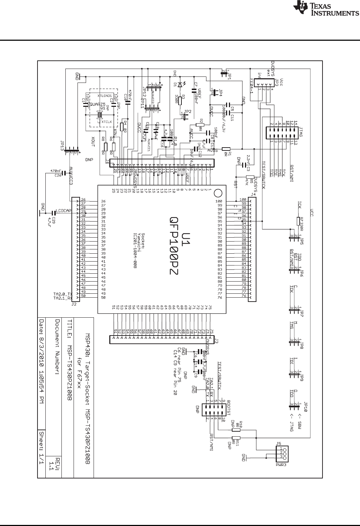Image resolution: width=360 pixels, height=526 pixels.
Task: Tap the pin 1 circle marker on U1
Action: [x=217, y=193]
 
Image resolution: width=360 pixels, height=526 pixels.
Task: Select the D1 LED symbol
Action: [x=180, y=84]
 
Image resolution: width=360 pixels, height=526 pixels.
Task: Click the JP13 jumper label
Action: [x=62, y=147]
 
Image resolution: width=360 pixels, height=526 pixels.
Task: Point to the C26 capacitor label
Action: [x=56, y=175]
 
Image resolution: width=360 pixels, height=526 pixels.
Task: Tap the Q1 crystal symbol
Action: [x=101, y=115]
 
